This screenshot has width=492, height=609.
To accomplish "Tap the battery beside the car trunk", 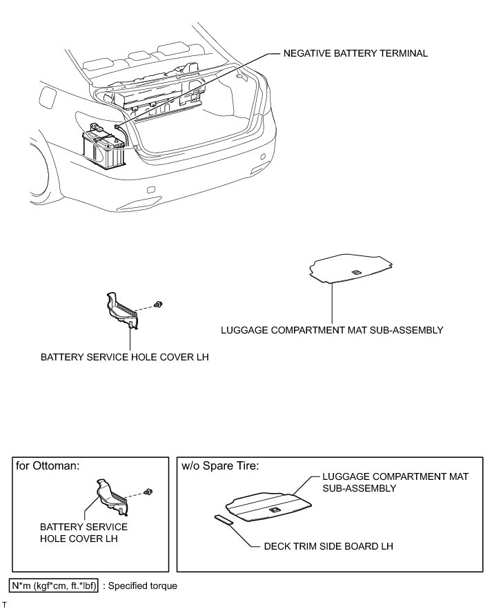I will [104, 147].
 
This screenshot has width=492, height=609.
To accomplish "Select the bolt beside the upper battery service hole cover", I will [158, 304].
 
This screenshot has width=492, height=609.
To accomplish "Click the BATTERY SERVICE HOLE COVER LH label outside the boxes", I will [124, 358].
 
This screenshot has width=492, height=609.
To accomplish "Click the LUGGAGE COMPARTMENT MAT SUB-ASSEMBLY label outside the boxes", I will [332, 330].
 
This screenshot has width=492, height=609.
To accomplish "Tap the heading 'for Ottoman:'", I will [48, 465].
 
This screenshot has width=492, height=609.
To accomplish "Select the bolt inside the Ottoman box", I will [148, 491].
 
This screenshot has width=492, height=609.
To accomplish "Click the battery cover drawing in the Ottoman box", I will [112, 496].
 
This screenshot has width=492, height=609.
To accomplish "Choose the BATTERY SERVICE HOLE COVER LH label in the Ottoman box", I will [83, 532].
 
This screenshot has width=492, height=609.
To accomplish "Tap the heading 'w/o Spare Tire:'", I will [220, 465].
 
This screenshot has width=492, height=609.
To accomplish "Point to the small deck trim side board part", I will [224, 520].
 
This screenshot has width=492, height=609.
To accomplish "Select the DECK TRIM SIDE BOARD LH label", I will [328, 546].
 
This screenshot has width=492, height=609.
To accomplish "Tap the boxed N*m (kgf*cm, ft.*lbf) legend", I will [54, 586].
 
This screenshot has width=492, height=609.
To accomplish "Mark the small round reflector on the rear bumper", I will [263, 157].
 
